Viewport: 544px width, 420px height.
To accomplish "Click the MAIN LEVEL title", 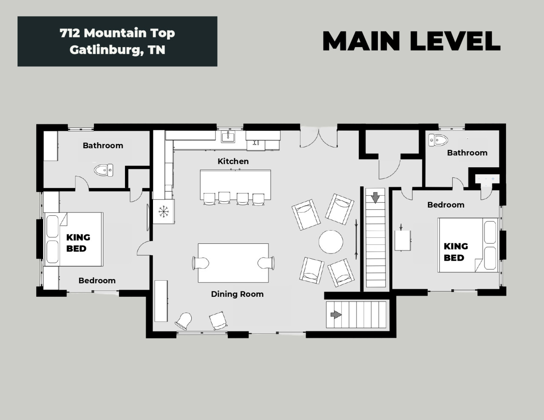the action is (411, 41).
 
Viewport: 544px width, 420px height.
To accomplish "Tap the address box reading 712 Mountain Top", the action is (117, 41).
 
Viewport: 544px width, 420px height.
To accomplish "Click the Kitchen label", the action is (233, 161).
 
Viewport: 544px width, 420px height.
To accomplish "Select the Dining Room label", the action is (237, 294).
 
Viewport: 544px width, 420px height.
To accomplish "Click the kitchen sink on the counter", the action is (228, 137).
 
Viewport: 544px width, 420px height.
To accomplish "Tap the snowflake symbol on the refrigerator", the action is (164, 211).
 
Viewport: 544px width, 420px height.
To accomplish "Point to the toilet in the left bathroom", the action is (104, 170).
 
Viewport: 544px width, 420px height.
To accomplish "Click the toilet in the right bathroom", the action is (438, 140).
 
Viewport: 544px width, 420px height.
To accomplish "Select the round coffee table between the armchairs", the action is (331, 242).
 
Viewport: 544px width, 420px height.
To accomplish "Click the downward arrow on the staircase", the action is (375, 197).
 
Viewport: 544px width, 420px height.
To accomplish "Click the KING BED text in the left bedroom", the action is (78, 243).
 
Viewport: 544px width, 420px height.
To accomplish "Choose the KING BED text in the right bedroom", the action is (456, 252).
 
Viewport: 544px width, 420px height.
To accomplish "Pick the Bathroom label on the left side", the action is (103, 146).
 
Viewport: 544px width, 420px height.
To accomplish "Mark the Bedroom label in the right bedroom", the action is (446, 205).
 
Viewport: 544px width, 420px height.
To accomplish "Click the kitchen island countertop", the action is (235, 185).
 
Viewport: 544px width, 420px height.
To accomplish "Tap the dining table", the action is (233, 263).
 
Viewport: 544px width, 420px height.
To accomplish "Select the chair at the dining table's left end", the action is (200, 263).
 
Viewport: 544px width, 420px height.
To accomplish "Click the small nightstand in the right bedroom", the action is (402, 240).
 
